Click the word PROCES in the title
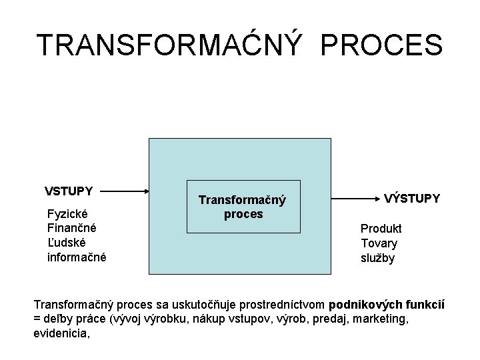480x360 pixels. (x=381, y=45)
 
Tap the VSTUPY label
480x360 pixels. (x=69, y=191)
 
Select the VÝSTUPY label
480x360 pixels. (x=412, y=198)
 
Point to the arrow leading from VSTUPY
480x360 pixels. (x=126, y=191)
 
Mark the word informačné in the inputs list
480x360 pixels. (x=77, y=257)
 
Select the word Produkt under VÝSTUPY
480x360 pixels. (x=381, y=229)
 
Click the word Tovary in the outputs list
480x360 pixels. (x=379, y=243)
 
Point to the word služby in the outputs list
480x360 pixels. (x=378, y=258)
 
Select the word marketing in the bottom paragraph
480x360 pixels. (x=380, y=319)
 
